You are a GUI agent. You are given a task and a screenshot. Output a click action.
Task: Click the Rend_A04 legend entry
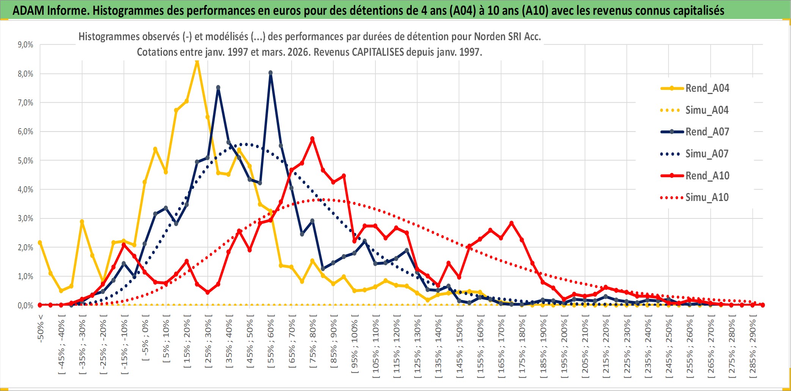[x=707, y=88]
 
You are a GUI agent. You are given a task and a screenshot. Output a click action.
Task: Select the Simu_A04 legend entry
[x=707, y=110]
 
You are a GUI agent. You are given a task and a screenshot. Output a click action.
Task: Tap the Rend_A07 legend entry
[x=707, y=132]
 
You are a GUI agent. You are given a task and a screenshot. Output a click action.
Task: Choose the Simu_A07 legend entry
[x=707, y=154]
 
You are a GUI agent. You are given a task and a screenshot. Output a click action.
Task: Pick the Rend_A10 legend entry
[x=707, y=176]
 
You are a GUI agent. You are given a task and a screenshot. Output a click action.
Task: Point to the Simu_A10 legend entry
[x=707, y=197]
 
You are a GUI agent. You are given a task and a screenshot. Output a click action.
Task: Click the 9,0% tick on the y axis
[x=25, y=45]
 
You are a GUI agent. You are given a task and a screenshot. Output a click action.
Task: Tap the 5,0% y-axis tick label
[x=25, y=160]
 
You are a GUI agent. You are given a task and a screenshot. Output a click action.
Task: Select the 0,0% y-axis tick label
[x=25, y=305]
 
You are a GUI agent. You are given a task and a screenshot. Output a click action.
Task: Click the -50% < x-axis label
[x=41, y=328]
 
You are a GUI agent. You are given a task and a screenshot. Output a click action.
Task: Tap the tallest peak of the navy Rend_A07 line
[x=270, y=73]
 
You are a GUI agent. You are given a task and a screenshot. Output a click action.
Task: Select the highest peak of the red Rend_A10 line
[x=312, y=139]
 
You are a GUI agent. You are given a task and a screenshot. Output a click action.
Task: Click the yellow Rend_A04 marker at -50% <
[x=40, y=243]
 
